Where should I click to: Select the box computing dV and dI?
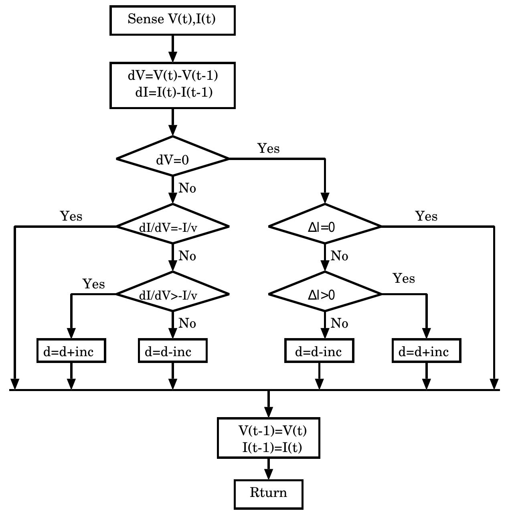(172, 85)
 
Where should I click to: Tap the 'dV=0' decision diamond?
(172, 159)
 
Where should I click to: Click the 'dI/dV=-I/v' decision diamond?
(172, 227)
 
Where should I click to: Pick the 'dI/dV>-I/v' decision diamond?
(172, 294)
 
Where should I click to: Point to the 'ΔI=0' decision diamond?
(325, 227)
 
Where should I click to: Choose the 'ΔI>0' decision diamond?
(325, 294)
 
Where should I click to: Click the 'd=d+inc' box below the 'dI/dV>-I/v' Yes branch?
(71, 351)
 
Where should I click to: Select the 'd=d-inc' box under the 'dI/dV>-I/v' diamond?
(172, 351)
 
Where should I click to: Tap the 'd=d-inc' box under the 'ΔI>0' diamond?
(319, 351)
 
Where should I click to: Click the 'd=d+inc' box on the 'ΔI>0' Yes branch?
(426, 351)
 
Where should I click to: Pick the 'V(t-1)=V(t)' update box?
(268, 438)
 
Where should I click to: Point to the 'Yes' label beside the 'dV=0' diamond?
(268, 148)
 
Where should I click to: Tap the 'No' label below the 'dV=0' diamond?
(187, 188)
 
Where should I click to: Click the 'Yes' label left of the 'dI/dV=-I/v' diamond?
(71, 216)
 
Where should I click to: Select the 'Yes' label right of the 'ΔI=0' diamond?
(426, 216)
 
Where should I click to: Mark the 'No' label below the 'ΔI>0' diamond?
(340, 323)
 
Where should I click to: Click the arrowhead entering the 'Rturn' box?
(268, 475)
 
